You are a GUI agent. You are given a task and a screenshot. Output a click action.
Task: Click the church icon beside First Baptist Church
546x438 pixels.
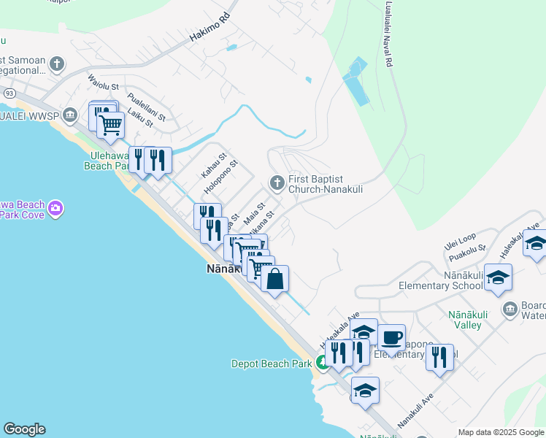pos(277,182)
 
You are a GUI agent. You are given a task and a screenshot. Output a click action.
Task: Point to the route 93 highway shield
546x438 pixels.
pos(9,93)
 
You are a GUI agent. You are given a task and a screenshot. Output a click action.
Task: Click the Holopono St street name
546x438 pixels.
pos(220,177)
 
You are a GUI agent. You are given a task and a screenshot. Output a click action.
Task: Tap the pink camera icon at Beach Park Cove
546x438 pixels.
pos(55,210)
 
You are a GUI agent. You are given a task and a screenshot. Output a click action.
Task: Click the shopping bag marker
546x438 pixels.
pos(274,279)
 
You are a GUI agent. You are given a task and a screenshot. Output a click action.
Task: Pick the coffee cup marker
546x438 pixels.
pos(391,337)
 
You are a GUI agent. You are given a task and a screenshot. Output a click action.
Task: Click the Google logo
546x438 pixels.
pos(24,429)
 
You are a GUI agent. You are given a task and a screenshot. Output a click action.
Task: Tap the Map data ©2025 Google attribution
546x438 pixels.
pos(501,432)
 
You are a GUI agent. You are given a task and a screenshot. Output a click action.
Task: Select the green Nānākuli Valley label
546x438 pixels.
pos(472,319)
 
